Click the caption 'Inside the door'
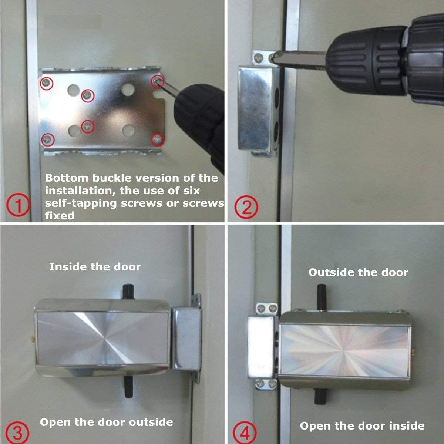pos(95,267)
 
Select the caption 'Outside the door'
pos(358,273)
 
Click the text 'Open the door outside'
pos(106,422)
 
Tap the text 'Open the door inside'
pos(362,426)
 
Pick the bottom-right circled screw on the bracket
pos(158,139)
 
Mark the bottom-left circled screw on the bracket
pos(47,139)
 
